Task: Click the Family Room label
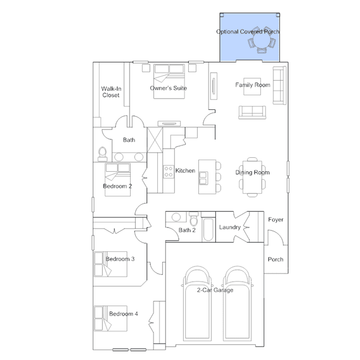(252, 85)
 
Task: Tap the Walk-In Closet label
(111, 92)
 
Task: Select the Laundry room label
(230, 227)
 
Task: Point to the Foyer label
(275, 220)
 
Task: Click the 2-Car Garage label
(215, 290)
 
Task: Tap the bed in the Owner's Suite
(169, 81)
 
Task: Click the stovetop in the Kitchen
(168, 172)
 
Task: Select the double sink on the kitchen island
(203, 178)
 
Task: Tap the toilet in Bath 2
(194, 219)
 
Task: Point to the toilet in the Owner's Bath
(103, 154)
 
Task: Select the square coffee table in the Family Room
(252, 87)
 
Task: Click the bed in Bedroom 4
(110, 318)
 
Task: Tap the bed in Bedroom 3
(110, 264)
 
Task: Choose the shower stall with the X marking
(155, 140)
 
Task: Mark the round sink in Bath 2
(176, 217)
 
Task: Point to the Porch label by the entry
(275, 260)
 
